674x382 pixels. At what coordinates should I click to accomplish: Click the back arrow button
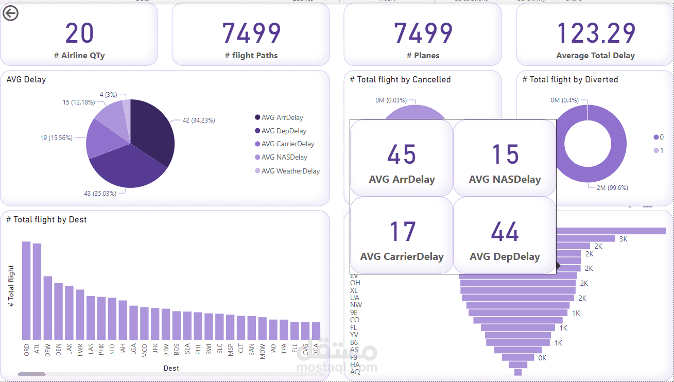10,13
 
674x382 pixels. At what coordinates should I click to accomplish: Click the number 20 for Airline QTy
80,33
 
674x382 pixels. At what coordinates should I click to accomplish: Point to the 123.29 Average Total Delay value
596,33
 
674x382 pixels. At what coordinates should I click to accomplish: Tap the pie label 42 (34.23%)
198,120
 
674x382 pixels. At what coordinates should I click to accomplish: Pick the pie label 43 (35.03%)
100,193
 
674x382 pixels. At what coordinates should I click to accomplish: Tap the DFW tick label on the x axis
48,350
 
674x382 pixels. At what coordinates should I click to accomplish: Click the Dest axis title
171,368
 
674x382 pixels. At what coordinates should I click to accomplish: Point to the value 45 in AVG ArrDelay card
402,154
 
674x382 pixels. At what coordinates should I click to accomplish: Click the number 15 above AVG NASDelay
505,154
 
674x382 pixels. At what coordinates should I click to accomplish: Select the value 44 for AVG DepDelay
505,232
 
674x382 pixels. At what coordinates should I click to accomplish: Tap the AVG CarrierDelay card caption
402,256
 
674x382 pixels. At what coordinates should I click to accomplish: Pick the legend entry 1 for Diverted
659,150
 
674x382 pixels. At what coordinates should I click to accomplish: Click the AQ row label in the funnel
355,372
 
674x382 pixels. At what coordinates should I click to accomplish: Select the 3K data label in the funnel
624,239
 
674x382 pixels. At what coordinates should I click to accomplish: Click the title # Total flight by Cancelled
400,79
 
